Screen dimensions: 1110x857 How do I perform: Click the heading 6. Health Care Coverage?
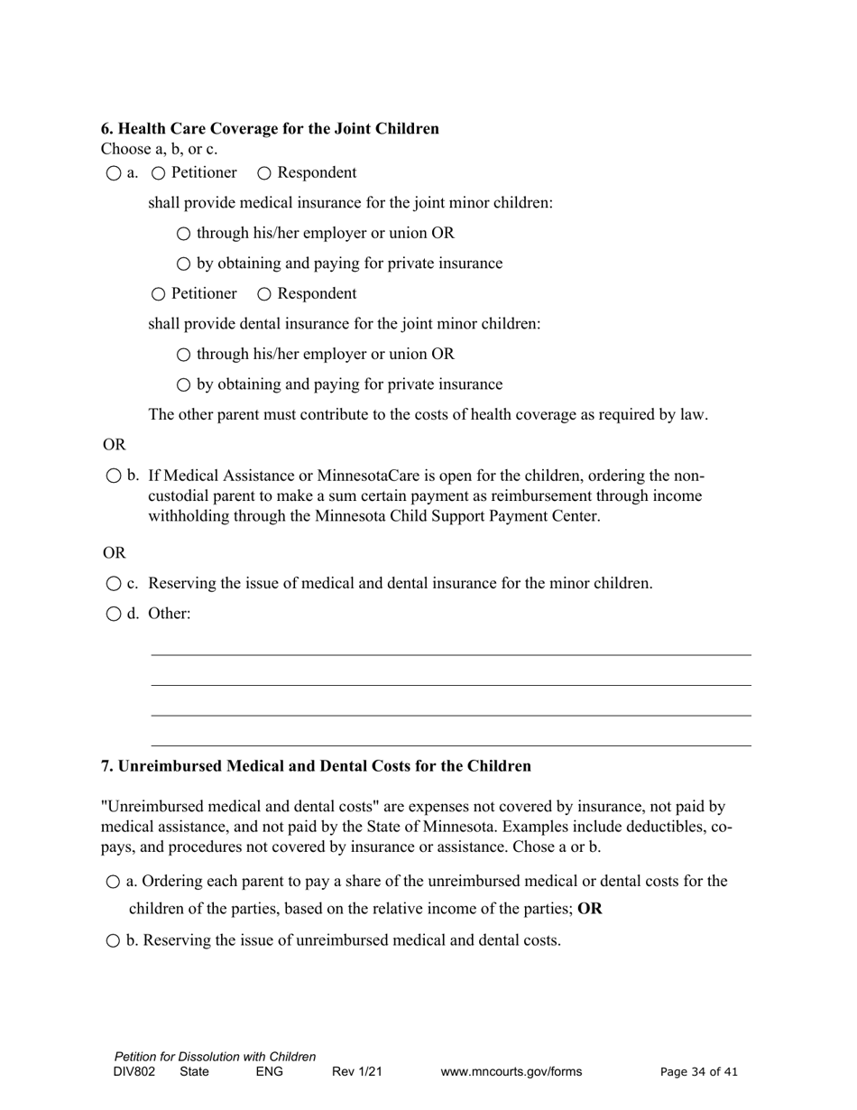pos(270,128)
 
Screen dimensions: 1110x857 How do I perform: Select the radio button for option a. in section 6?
pos(114,173)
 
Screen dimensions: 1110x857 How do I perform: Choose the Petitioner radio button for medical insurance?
pos(159,173)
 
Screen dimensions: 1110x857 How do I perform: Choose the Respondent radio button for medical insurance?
pos(265,173)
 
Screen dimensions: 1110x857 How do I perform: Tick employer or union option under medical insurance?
pos(184,234)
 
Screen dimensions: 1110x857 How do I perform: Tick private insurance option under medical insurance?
pos(184,264)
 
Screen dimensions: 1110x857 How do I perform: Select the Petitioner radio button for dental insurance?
pos(159,294)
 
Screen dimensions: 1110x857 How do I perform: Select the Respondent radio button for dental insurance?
pos(265,294)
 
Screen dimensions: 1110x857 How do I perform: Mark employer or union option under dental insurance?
pos(184,355)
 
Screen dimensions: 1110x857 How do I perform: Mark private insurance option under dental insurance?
pos(184,385)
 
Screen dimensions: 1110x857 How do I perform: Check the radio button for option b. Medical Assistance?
pos(114,476)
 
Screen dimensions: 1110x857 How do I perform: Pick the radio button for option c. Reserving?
pos(114,584)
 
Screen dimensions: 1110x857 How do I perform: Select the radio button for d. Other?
pos(114,615)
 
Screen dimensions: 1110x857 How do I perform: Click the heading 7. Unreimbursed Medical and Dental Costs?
pos(316,766)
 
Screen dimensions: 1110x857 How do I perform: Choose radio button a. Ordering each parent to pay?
pos(114,882)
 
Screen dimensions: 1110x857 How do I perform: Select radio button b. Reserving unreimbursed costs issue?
pos(114,941)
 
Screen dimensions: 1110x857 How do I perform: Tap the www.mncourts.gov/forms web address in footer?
pos(511,1072)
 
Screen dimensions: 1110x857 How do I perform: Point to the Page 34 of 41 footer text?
pos(699,1072)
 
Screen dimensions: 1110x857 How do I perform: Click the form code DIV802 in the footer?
pos(134,1072)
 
